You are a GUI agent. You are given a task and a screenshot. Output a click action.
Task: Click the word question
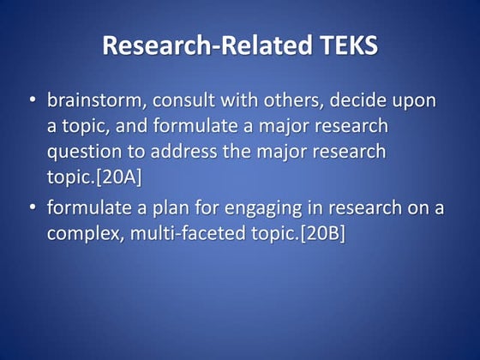point(82,153)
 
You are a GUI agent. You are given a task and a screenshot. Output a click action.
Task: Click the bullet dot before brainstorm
point(32,101)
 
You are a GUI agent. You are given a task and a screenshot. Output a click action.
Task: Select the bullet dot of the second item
point(32,207)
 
